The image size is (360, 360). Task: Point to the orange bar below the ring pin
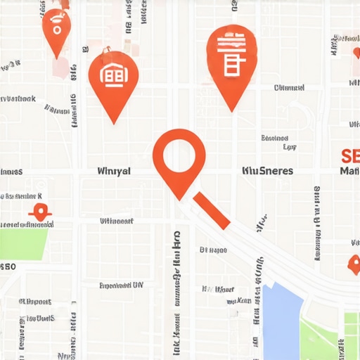211,210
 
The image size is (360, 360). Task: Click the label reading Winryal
115,171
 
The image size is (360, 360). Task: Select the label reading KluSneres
267,171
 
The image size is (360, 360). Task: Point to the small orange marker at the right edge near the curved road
354,264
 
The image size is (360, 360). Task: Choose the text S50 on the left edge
8,267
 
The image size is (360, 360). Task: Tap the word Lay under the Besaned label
288,148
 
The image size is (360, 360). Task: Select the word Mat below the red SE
349,171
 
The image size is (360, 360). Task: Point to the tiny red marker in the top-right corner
356,53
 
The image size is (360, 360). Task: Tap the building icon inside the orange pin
112,76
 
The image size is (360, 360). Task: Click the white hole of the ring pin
179,153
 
